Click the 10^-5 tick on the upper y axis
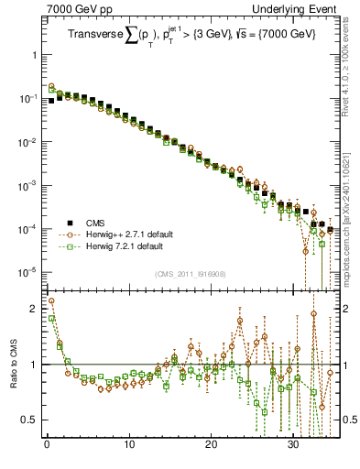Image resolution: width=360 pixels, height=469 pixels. click(30, 271)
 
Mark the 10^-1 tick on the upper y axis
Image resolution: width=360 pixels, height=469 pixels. click(30, 98)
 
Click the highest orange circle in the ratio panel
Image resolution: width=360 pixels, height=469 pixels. click(51, 300)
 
